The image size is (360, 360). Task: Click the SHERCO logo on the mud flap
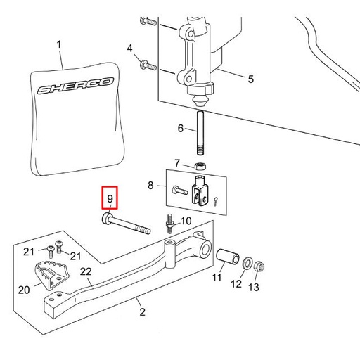[x=75, y=85]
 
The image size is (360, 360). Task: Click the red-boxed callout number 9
[x=110, y=199]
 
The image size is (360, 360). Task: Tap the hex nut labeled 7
[x=200, y=166]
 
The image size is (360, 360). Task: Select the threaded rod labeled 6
[x=200, y=133]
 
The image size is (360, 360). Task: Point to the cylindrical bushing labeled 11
[x=227, y=255]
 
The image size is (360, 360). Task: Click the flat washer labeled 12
[x=247, y=262]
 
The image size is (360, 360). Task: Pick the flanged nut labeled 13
[x=259, y=266]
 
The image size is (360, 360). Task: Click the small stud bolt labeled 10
[x=170, y=224]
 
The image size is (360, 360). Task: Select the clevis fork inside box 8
[x=200, y=190]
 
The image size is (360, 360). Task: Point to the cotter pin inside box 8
[x=216, y=202]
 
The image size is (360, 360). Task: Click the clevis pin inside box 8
[x=180, y=190]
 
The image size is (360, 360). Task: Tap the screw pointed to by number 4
[x=148, y=65]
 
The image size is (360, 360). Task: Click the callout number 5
[x=251, y=79]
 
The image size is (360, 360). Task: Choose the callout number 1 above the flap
[x=59, y=44]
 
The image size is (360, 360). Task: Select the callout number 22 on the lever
[x=86, y=271]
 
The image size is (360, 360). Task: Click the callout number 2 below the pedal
[x=142, y=311]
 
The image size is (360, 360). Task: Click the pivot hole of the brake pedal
[x=205, y=248]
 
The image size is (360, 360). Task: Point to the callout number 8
[x=150, y=185]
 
